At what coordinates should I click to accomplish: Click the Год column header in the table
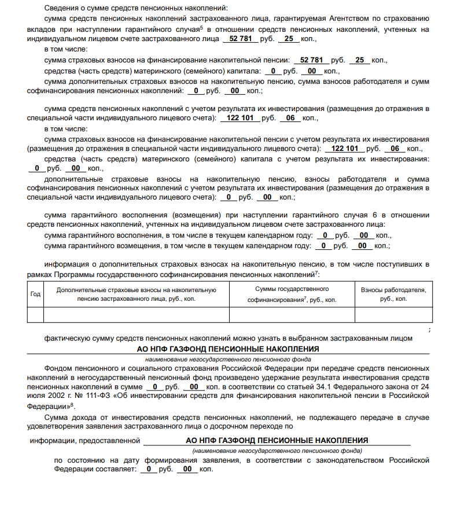point(35,294)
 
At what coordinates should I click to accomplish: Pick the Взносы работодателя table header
point(393,294)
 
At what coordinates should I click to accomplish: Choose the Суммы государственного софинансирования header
point(292,294)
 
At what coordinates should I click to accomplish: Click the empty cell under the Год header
point(35,314)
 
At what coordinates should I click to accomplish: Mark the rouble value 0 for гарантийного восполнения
point(326,235)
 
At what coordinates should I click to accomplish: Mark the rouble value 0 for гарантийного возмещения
point(324,245)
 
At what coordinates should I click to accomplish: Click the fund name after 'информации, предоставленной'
point(277,440)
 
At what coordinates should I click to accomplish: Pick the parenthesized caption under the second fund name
point(277,450)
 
